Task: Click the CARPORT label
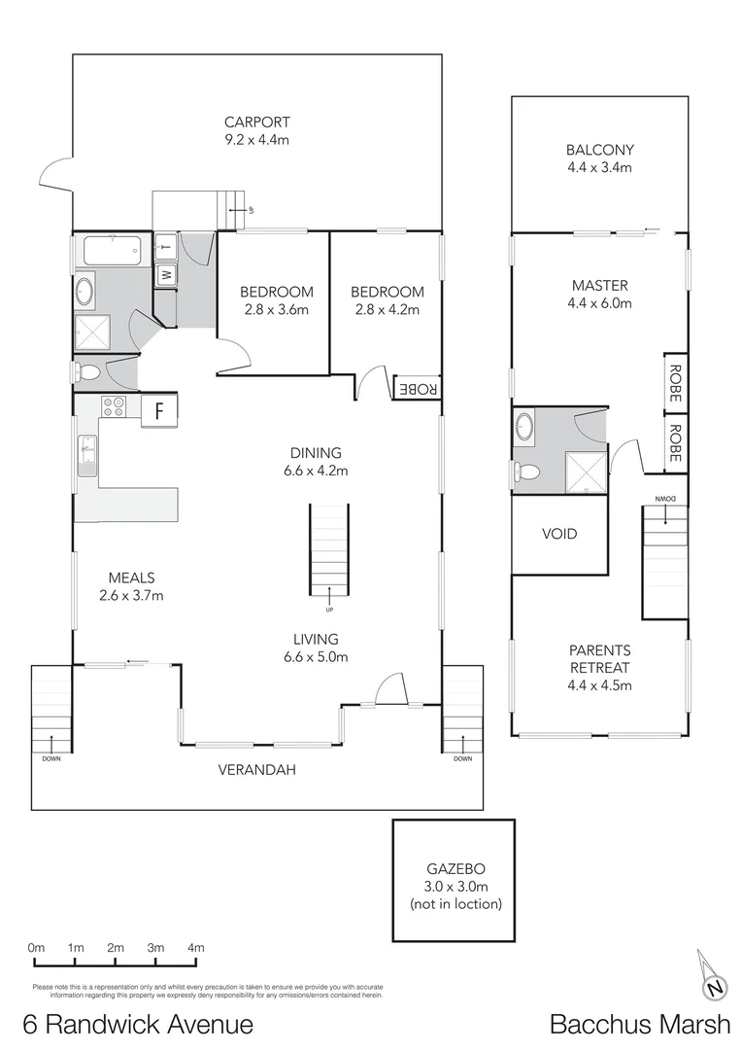257,122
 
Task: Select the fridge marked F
158,409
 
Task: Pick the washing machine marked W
165,274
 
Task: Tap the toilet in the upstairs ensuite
527,472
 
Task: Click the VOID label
558,534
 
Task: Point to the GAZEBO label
455,870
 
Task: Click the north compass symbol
714,988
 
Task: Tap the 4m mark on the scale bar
195,948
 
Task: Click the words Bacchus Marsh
639,1023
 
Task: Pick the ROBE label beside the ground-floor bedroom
418,386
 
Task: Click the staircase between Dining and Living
328,551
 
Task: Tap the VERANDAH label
255,770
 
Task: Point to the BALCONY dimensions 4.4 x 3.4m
599,167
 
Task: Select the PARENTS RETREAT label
599,659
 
